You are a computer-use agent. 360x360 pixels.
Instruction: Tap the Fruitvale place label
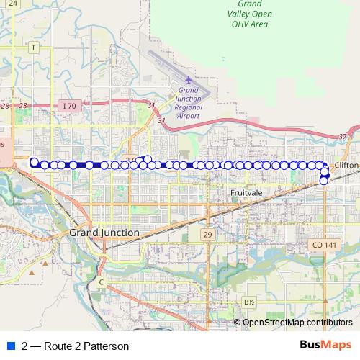[247, 193]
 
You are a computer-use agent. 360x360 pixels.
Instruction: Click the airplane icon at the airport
[189, 80]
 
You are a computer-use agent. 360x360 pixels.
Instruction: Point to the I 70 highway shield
[68, 106]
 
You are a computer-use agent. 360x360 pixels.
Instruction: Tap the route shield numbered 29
[207, 235]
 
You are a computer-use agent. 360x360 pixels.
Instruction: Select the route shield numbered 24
[13, 4]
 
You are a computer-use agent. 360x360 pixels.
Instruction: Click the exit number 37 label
[342, 136]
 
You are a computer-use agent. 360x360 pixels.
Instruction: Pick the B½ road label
[249, 302]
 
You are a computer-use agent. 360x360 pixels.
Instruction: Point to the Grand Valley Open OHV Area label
[248, 14]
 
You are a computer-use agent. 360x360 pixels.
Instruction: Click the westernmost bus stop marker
[34, 162]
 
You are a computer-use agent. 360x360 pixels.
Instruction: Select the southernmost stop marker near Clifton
[324, 181]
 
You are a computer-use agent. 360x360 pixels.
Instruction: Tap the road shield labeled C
[102, 282]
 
